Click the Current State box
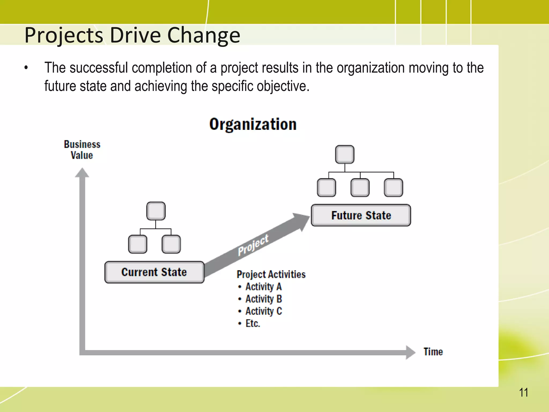(154, 272)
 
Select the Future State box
(361, 215)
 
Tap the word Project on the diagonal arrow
(253, 245)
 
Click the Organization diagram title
(253, 124)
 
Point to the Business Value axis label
(82, 150)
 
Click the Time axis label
(433, 352)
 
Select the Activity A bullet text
(263, 286)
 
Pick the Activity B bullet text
(263, 299)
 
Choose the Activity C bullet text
(263, 311)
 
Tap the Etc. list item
(253, 323)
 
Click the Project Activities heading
(271, 274)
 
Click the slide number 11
(523, 393)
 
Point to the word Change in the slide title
(204, 35)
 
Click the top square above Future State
(345, 154)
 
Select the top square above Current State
(156, 211)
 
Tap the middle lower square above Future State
(360, 187)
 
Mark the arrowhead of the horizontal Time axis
(410, 352)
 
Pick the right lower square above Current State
(171, 244)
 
